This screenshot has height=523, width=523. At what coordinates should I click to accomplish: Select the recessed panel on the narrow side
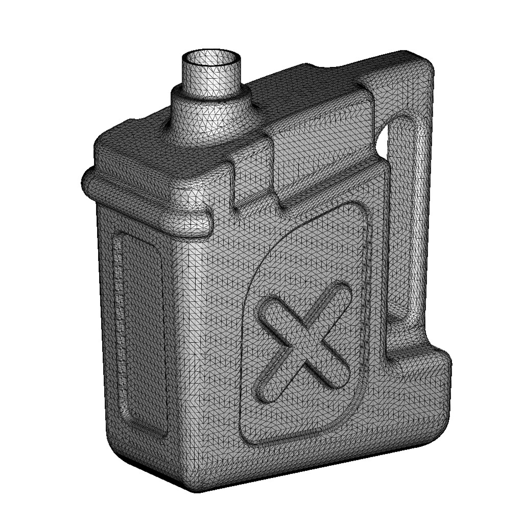139,332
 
